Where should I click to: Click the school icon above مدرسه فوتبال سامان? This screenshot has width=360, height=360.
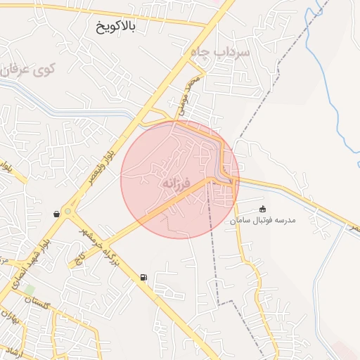263,209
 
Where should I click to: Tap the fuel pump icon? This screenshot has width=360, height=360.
143,277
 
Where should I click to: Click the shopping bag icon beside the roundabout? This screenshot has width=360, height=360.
56,214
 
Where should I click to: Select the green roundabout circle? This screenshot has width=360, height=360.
67,210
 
